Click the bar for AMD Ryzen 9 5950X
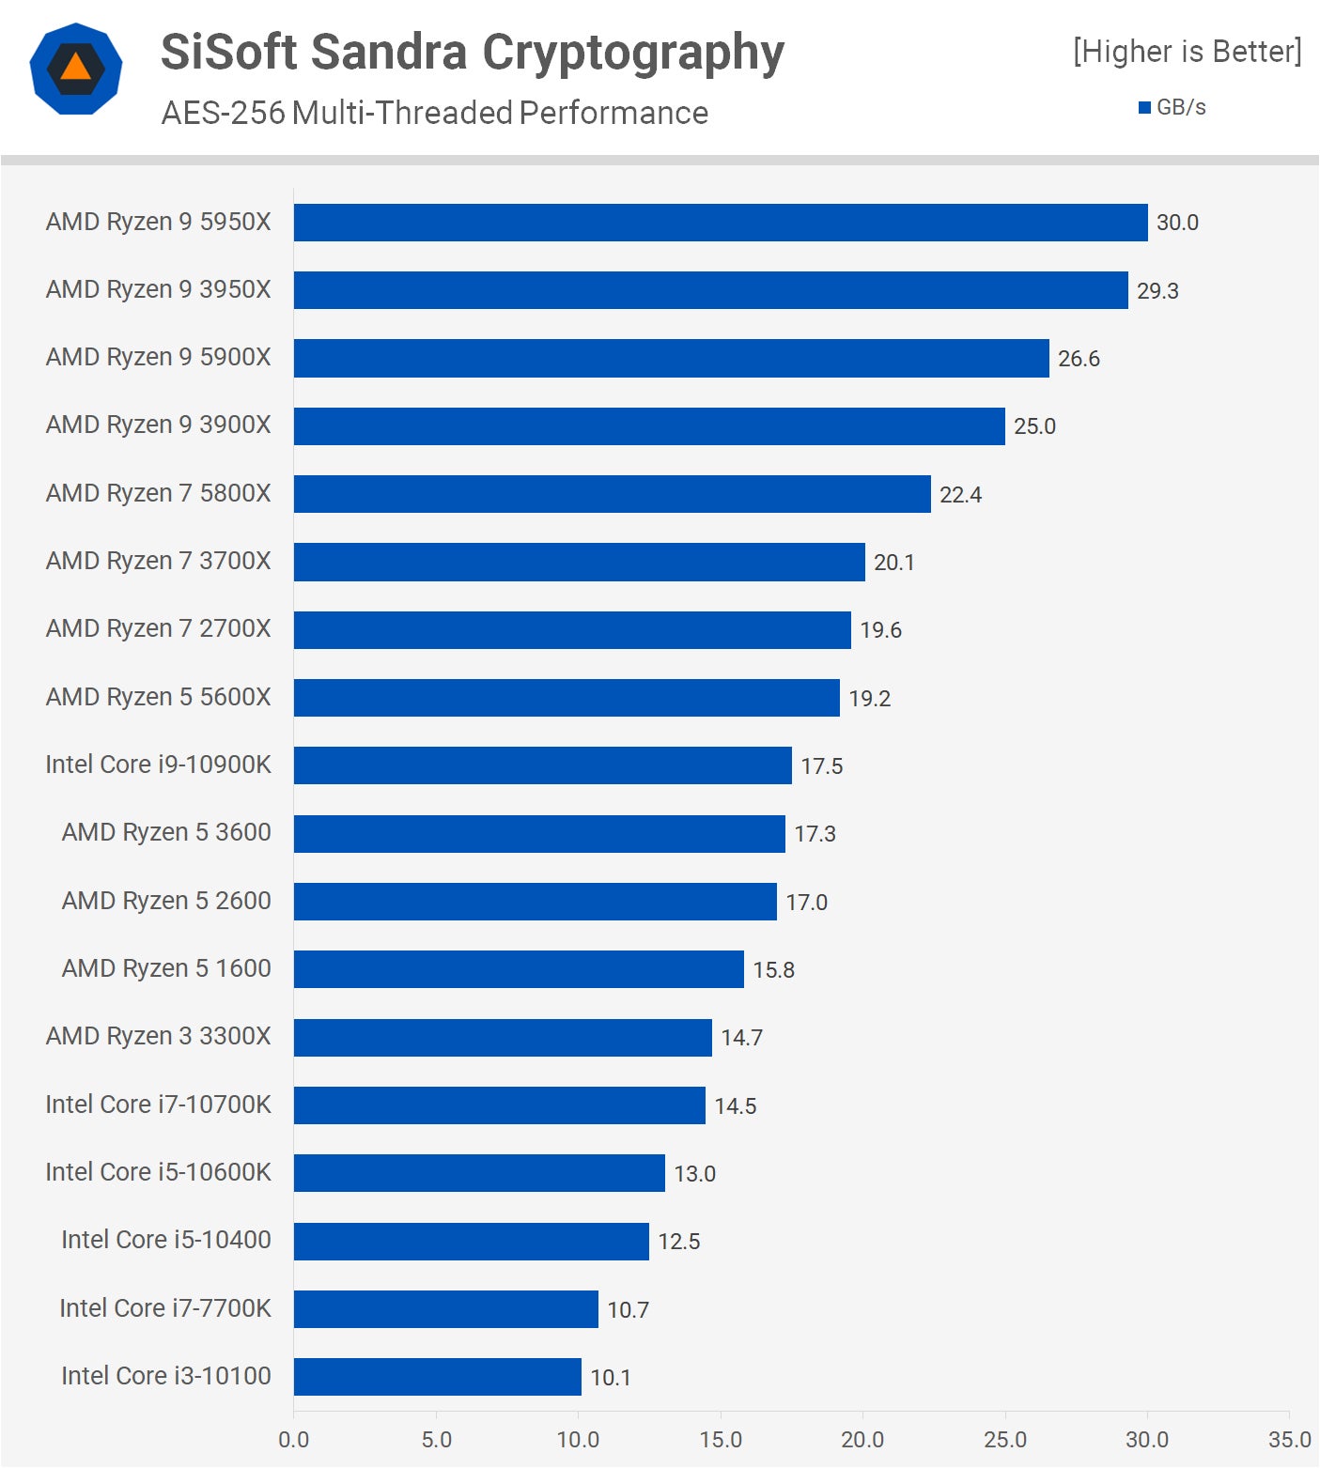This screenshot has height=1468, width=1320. (721, 223)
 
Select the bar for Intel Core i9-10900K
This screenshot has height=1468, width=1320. (542, 765)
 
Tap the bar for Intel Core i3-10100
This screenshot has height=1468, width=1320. (437, 1377)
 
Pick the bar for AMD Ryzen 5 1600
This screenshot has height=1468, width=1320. (519, 969)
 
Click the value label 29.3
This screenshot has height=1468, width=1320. (1157, 291)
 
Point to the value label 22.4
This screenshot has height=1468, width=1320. (960, 495)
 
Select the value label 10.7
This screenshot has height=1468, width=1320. (628, 1309)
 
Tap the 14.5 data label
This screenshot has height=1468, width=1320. (735, 1106)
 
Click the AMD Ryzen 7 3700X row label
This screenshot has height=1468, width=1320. (158, 561)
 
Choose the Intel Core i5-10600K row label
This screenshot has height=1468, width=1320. (158, 1172)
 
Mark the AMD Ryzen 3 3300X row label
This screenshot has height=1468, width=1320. (158, 1036)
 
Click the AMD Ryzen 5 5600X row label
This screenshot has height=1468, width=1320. (158, 697)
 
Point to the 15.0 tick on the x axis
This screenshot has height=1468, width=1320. (720, 1440)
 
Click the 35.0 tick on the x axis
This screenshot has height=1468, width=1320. (1289, 1440)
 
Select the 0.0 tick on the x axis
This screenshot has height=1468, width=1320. (293, 1440)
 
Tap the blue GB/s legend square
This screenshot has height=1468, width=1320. (1144, 108)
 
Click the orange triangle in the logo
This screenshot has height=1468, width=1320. (75, 67)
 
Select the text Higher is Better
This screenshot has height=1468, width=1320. (1188, 52)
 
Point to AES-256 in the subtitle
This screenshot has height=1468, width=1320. (223, 113)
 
